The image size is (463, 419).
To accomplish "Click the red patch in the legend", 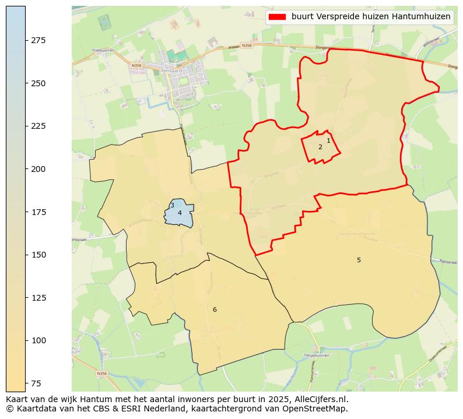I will tap(277, 17).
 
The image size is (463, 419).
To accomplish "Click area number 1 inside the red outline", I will tap(328, 141).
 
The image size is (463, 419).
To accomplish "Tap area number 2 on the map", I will tap(320, 147).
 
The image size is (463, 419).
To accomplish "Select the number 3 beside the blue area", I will tap(172, 206).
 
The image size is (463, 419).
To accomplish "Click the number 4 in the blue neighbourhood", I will tap(180, 213).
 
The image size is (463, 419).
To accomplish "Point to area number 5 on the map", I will tap(359, 260).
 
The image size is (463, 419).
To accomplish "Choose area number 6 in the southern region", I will tap(215, 310).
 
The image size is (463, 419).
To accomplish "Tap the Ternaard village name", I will tap(167, 70).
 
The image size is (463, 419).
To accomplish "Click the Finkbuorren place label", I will tap(103, 51).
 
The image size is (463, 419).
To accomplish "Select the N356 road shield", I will tap(101, 373).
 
